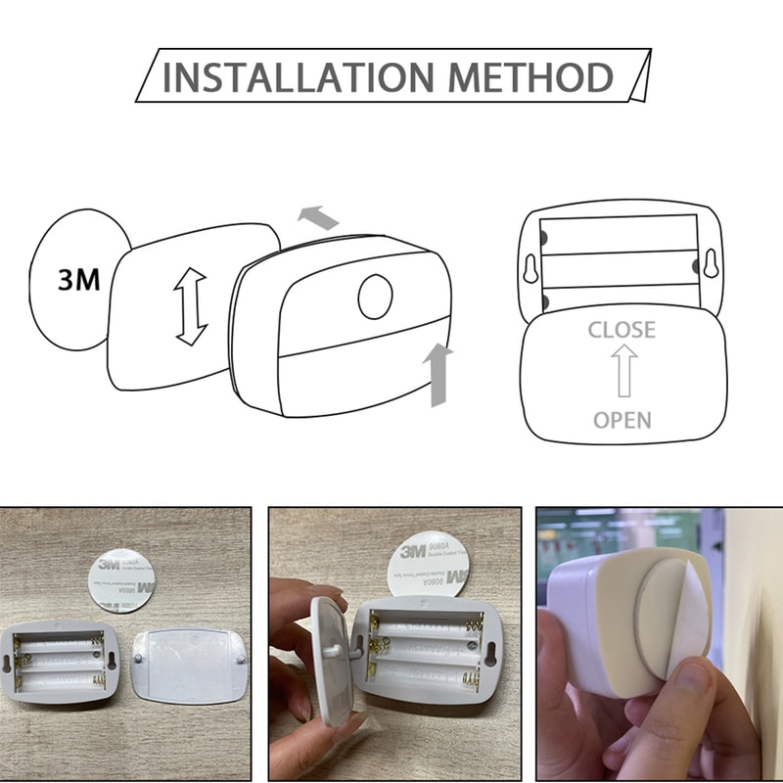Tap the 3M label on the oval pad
point(79,280)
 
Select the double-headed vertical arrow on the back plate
point(191,306)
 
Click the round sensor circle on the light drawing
point(374,298)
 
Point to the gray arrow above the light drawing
point(318,217)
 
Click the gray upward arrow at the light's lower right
point(438,373)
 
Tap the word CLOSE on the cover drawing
point(622,329)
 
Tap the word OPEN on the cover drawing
point(622,420)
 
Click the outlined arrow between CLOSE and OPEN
point(622,374)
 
